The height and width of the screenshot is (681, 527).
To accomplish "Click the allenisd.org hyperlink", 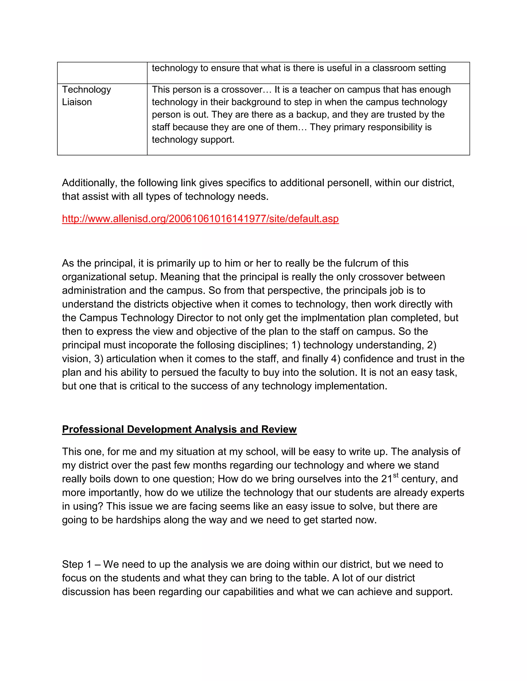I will click(x=200, y=219).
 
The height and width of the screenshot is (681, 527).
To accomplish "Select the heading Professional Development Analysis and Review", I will click(x=179, y=429).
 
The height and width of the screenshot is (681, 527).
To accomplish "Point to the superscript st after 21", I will click(x=396, y=475).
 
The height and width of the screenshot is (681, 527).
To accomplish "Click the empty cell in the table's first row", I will click(x=102, y=73).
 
